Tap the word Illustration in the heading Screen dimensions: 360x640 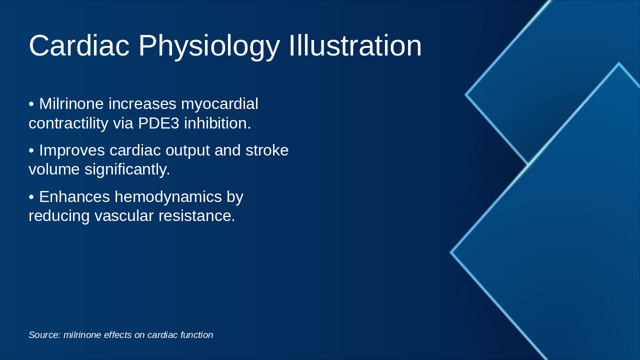tap(355, 46)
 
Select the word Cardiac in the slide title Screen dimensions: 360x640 tap(79, 46)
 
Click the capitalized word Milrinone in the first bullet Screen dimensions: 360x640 tap(71, 104)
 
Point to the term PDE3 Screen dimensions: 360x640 tap(158, 123)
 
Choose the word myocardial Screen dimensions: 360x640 tap(219, 104)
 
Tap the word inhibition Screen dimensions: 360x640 tap(217, 123)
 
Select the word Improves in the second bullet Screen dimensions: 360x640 tap(72, 150)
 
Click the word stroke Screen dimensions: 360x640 tap(267, 150)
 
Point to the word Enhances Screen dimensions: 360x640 tap(74, 197)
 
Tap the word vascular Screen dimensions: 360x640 tap(124, 216)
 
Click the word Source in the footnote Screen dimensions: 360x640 tap(44, 335)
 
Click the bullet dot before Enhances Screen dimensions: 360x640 tap(31, 197)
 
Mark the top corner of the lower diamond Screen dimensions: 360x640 tap(619, 63)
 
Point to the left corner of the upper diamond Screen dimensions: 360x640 tap(466, 94)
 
